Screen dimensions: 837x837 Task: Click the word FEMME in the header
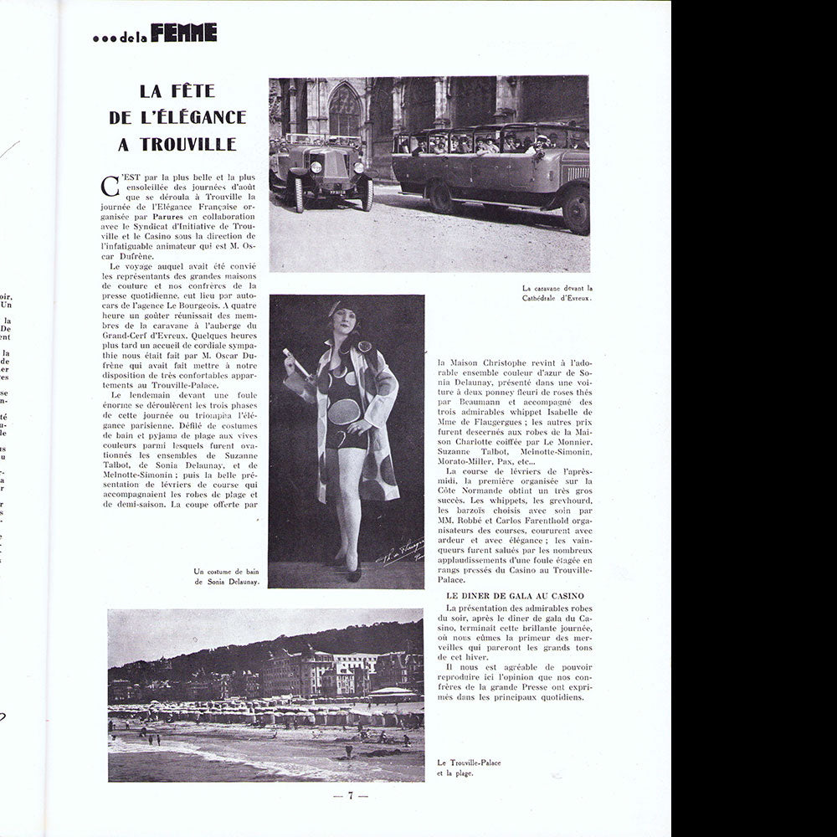[185, 33]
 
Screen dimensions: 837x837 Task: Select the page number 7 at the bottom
[352, 795]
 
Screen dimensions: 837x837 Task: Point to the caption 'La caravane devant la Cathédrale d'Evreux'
[557, 294]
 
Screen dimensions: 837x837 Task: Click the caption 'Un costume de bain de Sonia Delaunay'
[226, 576]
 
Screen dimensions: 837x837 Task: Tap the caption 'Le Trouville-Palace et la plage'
[469, 768]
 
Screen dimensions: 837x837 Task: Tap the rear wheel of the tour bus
[576, 212]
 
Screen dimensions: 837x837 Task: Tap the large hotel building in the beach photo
[322, 674]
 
